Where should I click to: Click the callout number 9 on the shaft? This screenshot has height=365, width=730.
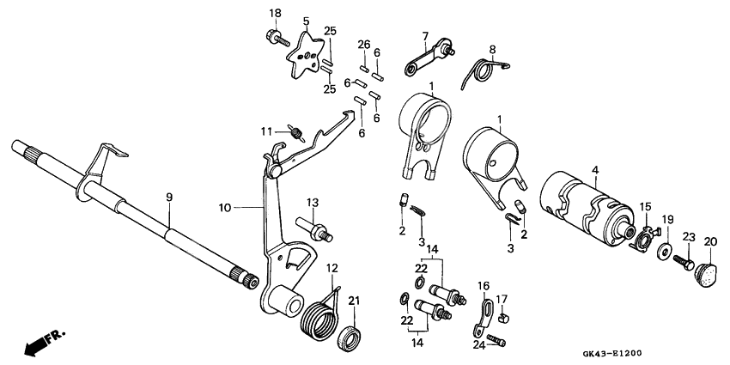[x=169, y=198]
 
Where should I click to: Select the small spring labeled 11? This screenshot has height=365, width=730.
[x=297, y=133]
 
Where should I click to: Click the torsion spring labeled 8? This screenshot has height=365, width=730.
[x=486, y=69]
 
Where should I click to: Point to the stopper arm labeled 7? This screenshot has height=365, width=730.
[x=427, y=58]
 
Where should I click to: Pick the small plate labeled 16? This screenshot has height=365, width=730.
[x=483, y=317]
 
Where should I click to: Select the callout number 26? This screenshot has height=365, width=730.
[x=363, y=44]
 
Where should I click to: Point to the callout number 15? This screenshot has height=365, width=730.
[x=645, y=206]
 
